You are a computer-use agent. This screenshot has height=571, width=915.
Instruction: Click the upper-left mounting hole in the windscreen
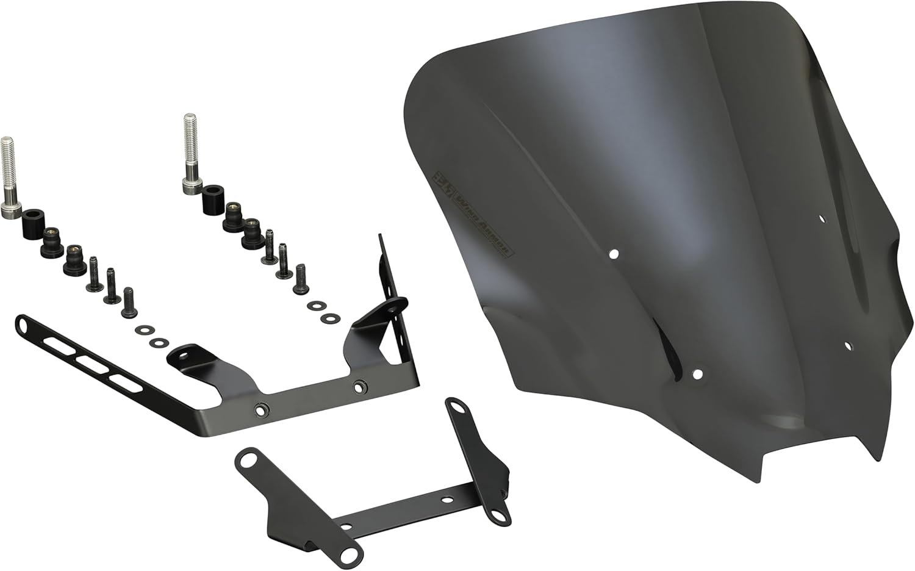click(615, 253)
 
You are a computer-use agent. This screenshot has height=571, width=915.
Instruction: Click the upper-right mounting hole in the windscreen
click(822, 218)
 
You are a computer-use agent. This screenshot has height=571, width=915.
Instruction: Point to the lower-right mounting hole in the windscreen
click(848, 346)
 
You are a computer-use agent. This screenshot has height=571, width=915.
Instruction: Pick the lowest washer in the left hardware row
click(160, 342)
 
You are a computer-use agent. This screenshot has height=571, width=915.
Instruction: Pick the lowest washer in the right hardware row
click(331, 318)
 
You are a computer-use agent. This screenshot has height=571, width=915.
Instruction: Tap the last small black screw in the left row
click(129, 303)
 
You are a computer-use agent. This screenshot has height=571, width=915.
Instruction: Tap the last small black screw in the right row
click(301, 278)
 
